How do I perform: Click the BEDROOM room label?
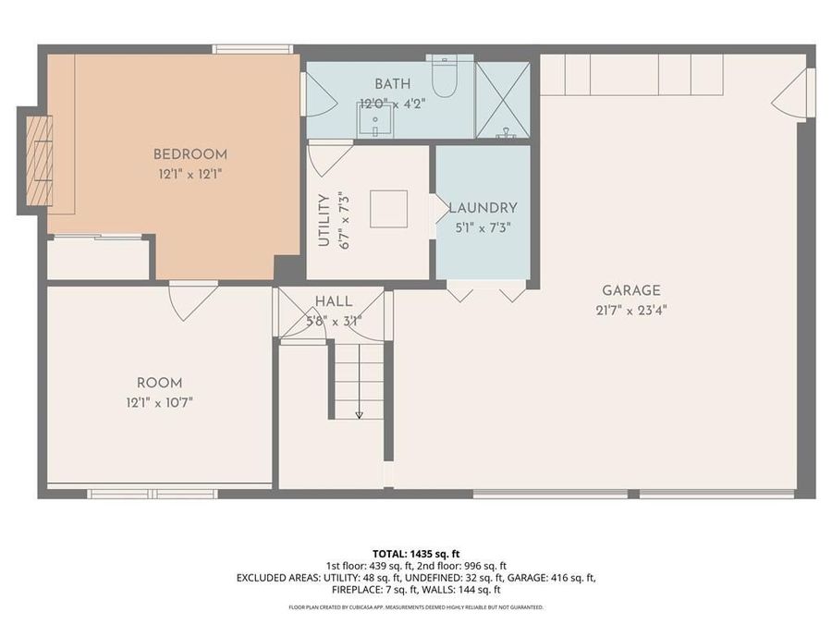click(190, 154)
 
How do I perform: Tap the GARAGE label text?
click(631, 290)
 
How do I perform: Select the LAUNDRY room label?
click(483, 208)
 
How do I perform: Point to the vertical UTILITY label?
click(324, 219)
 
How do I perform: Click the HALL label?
click(333, 301)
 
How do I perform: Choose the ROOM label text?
click(159, 383)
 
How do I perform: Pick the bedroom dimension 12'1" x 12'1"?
click(190, 173)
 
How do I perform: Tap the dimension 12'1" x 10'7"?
click(159, 402)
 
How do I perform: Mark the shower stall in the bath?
click(502, 100)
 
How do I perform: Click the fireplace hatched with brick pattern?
click(38, 161)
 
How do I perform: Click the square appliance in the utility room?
click(388, 208)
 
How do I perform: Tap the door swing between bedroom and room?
click(192, 298)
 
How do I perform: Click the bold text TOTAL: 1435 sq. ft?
click(415, 554)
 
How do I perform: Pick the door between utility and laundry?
click(437, 208)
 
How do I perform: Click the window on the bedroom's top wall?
click(252, 49)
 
